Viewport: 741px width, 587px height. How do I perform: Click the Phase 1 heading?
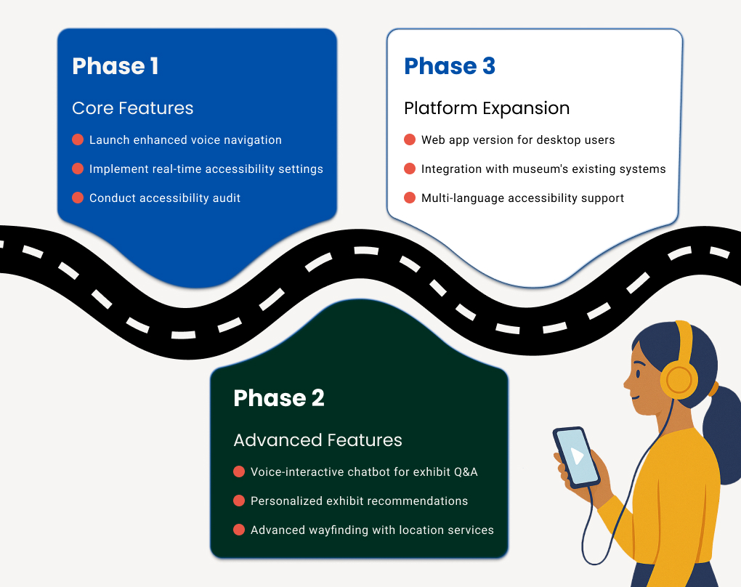116,66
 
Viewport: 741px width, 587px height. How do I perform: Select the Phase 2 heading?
279,398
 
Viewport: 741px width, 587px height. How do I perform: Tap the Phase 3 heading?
450,66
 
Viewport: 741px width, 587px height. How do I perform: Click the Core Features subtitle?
133,108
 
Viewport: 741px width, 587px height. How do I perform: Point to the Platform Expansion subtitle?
487,108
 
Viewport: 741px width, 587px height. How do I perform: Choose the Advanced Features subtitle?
317,440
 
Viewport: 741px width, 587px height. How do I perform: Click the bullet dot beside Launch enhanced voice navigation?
78,139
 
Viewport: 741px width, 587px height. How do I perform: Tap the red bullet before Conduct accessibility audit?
78,198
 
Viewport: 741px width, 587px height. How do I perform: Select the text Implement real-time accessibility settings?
206,169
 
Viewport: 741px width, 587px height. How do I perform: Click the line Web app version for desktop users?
518,140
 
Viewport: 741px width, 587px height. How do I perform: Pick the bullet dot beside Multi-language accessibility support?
410,198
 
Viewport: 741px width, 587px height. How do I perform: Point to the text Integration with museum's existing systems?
543,169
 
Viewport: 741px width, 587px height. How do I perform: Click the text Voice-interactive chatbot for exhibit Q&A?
364,472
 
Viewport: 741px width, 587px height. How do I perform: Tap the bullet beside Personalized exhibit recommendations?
239,501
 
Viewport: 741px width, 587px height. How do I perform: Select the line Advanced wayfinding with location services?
372,530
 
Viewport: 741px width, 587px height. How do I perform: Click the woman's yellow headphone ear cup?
679,380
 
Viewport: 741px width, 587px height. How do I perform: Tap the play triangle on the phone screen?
578,456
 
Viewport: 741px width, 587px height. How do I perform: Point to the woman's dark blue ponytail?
723,436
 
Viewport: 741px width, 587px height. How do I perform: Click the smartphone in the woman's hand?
576,457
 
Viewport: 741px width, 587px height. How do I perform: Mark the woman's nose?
627,384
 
